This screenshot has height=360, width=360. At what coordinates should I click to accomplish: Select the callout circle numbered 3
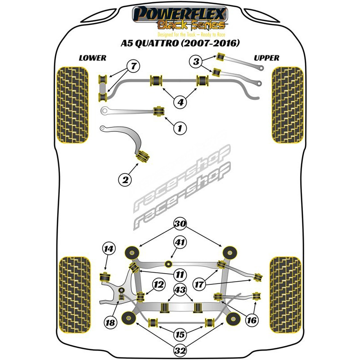point(196,61)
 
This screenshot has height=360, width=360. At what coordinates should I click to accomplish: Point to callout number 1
point(180,129)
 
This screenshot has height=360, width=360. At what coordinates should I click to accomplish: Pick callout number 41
point(180,243)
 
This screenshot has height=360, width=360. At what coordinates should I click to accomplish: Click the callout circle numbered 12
point(157,284)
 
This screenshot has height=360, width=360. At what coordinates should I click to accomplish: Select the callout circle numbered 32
point(180,350)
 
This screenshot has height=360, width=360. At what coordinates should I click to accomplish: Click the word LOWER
point(92,58)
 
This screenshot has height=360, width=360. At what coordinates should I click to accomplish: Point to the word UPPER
point(266,58)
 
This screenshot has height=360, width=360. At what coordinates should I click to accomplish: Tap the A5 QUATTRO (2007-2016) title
point(180,44)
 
